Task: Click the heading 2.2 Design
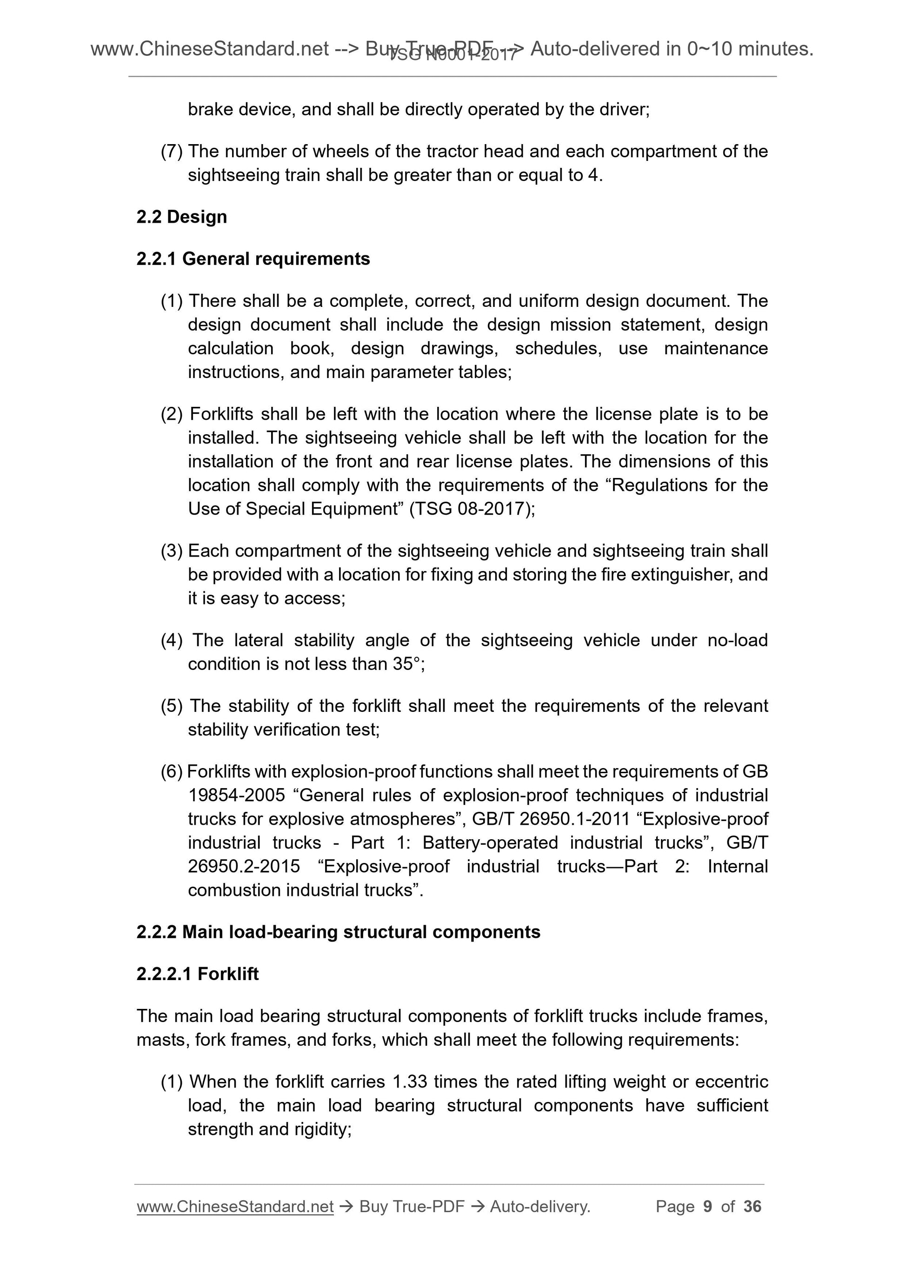(x=181, y=217)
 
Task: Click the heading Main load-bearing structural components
(x=361, y=932)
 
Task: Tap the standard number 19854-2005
(x=236, y=796)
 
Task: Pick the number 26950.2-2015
(x=244, y=866)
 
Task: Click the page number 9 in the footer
(x=708, y=1207)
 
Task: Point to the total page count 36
(x=752, y=1207)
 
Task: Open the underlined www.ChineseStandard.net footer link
(x=235, y=1207)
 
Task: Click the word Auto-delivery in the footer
(x=539, y=1207)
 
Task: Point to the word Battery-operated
(x=490, y=842)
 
